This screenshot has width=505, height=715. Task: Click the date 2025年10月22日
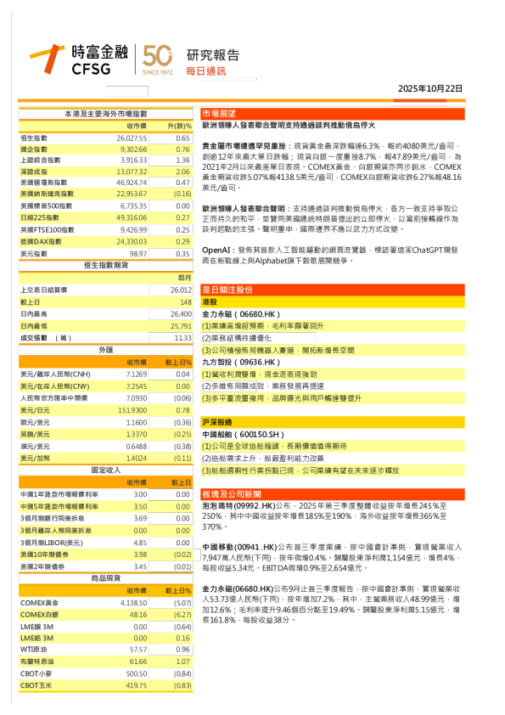tap(430, 88)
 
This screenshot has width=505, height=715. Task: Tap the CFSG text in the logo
tap(91, 69)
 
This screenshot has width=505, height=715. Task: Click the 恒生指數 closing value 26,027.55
tap(132, 138)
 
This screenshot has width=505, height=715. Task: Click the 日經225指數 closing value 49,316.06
tap(132, 218)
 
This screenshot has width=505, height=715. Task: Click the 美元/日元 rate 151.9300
tap(132, 410)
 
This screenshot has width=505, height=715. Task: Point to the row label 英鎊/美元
tap(34, 434)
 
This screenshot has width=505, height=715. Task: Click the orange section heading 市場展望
tap(219, 113)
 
